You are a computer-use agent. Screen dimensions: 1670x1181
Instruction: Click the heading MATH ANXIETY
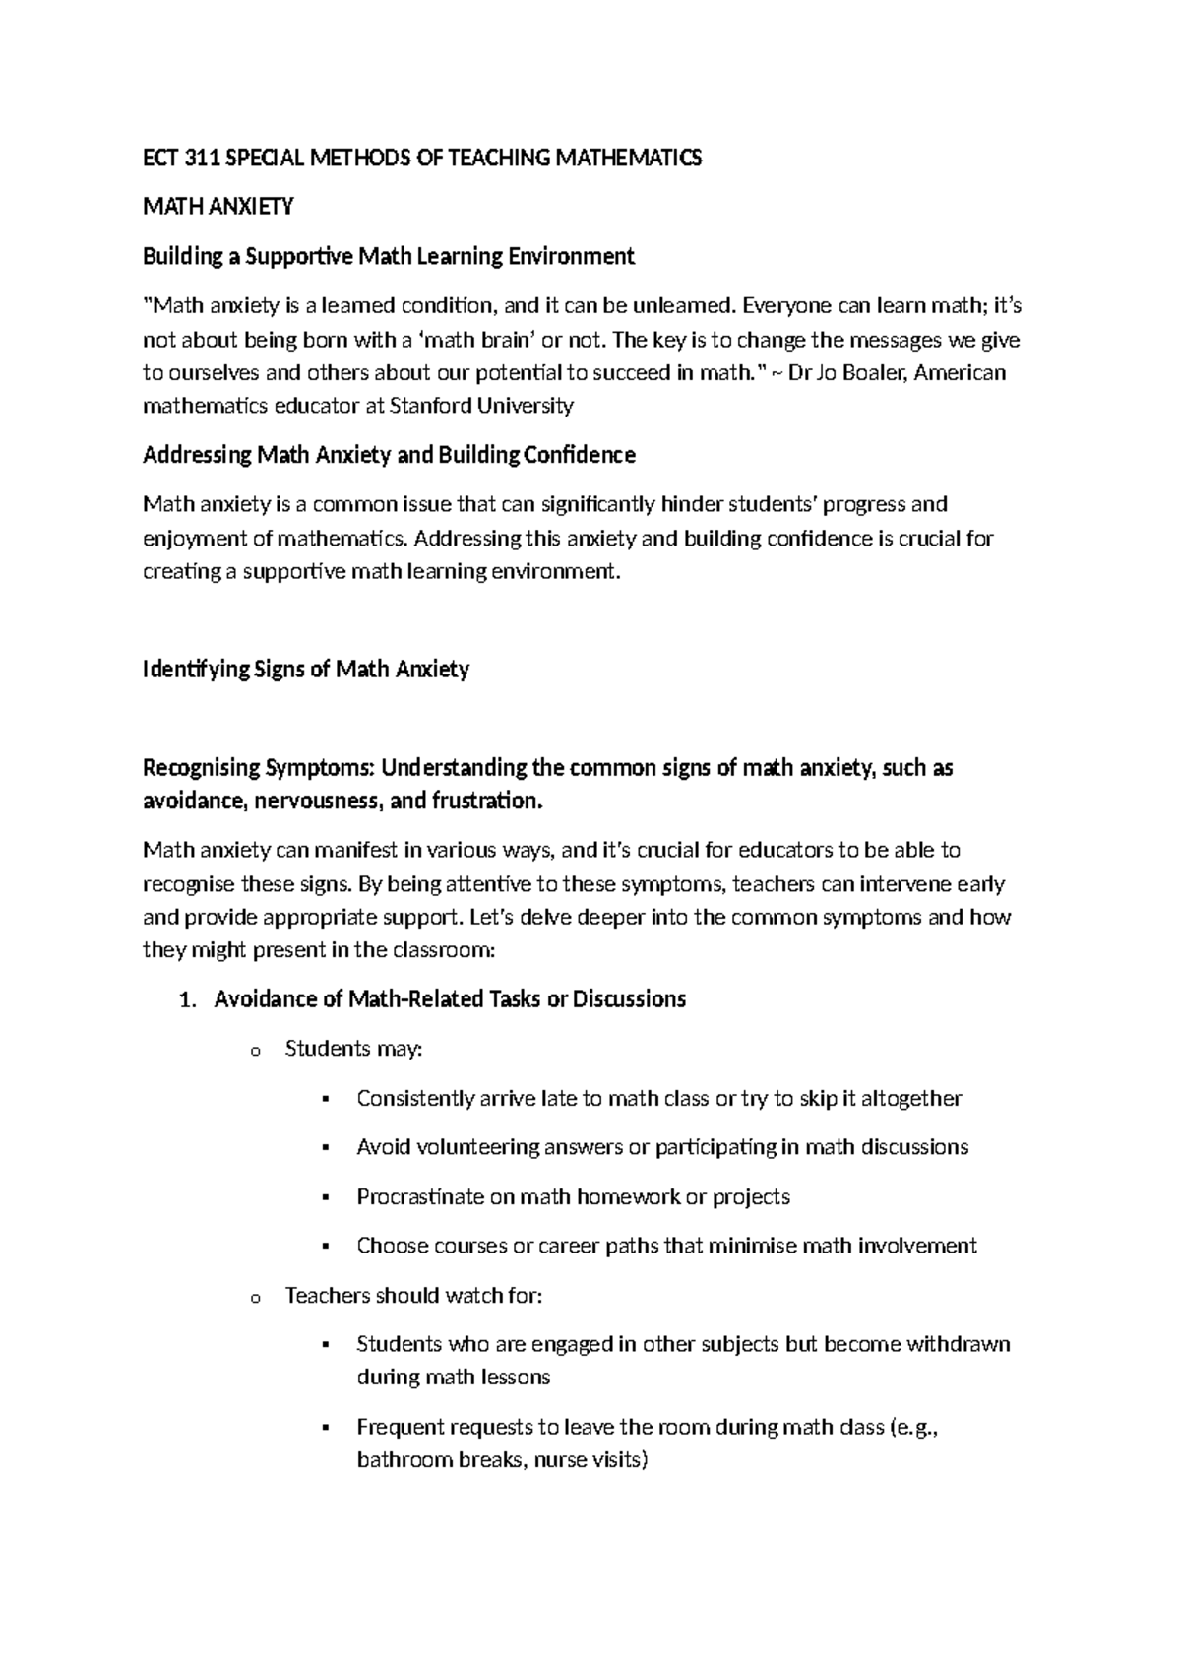tap(218, 207)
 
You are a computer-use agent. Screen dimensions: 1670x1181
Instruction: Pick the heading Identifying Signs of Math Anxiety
tap(306, 670)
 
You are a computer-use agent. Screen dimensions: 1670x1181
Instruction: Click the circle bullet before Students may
tap(255, 1052)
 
